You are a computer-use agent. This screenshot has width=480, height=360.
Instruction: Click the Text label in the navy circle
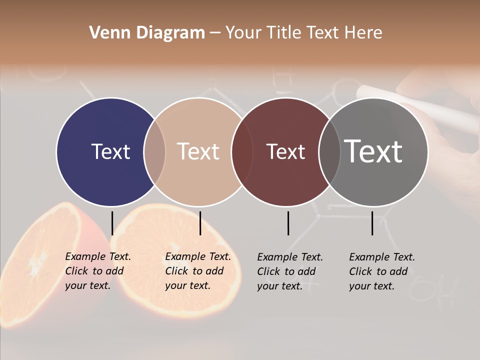(x=110, y=151)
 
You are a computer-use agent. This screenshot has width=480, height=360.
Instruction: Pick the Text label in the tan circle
(x=198, y=151)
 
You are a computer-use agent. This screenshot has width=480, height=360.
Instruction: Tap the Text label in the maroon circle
(x=285, y=151)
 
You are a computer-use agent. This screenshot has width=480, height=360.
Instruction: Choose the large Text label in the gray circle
(x=373, y=151)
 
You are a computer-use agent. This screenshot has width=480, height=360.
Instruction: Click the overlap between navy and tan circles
(x=154, y=151)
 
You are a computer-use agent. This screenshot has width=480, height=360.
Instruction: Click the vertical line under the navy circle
(x=112, y=223)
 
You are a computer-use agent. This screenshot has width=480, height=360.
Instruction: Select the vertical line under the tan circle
(x=200, y=223)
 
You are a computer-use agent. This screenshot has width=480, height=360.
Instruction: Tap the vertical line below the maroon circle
(x=288, y=223)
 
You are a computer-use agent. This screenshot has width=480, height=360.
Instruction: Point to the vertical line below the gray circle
(x=372, y=223)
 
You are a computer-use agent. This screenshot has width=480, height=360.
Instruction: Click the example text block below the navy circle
(x=97, y=271)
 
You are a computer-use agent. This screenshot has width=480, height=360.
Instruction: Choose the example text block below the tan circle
(x=197, y=271)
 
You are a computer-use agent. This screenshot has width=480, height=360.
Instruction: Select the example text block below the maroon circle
(x=289, y=271)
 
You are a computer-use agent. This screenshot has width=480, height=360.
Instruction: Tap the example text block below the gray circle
(x=381, y=271)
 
